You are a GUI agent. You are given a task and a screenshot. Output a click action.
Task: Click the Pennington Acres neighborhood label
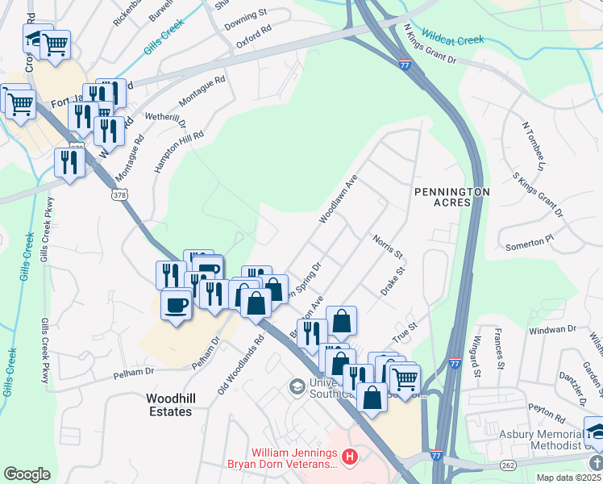(451, 197)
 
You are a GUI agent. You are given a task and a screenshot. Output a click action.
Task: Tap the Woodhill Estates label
(169, 405)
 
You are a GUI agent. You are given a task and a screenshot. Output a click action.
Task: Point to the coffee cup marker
(176, 305)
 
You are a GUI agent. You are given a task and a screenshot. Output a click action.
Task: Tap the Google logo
(27, 474)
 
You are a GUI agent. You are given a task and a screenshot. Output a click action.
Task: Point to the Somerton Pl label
(528, 240)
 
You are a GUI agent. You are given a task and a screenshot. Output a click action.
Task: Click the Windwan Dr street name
(552, 329)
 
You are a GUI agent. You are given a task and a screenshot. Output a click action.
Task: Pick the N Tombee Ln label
(534, 147)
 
